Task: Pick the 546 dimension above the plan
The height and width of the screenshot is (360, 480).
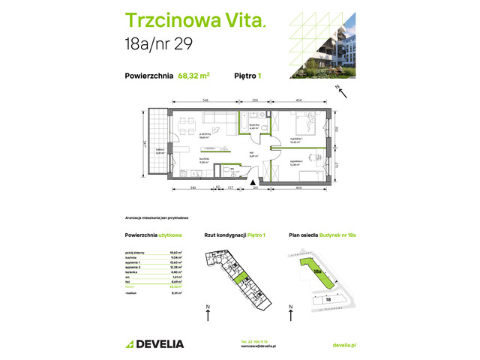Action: [x=202, y=100]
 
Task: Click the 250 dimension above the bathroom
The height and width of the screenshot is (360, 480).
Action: [x=255, y=100]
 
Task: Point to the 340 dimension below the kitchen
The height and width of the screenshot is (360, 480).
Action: [x=193, y=187]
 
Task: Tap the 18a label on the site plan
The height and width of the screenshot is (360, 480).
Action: [x=318, y=272]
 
